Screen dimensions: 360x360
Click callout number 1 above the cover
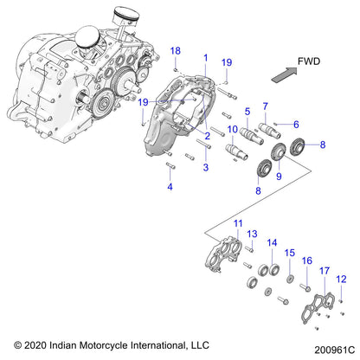(x=206, y=58)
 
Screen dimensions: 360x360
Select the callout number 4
(x=170, y=187)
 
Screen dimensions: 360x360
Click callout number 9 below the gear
(x=279, y=176)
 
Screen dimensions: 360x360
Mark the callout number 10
(x=232, y=130)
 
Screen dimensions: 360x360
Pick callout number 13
(x=253, y=235)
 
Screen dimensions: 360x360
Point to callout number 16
(x=306, y=260)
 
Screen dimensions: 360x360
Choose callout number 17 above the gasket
(x=325, y=271)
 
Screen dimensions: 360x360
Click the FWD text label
(x=308, y=61)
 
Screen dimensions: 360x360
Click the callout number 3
(x=206, y=168)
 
